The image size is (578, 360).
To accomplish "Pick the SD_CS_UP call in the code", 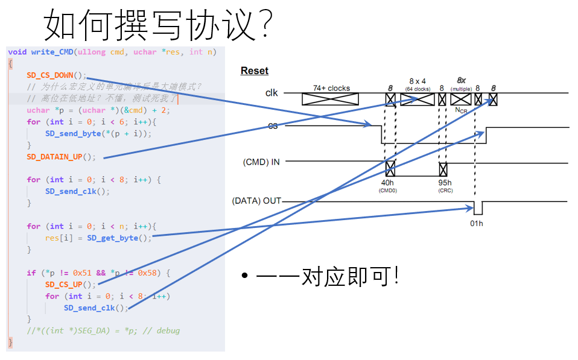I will [70, 285].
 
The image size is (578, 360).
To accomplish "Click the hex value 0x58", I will [148, 273].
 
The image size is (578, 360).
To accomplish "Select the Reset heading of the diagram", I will [255, 71].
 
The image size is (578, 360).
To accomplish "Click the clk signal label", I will [272, 93].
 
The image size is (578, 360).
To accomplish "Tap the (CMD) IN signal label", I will [261, 162].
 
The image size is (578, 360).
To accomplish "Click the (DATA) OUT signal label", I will [256, 201].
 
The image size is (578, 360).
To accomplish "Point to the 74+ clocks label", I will [331, 88].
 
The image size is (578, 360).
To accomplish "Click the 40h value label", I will [387, 183].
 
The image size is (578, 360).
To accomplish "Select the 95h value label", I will [445, 183].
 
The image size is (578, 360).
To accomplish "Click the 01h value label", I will [477, 223].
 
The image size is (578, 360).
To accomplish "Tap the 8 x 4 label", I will [418, 81].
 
